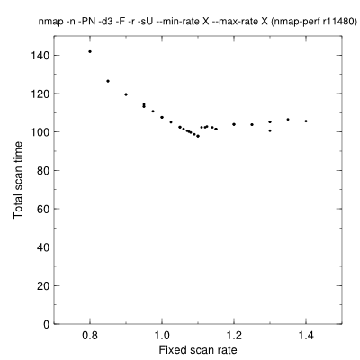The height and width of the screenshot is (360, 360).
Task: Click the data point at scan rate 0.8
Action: pos(90,51)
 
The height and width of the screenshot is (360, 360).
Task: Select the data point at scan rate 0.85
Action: pos(108,81)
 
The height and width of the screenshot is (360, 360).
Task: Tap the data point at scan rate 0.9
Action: pos(126,94)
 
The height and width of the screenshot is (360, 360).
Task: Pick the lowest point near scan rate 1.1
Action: pos(198,136)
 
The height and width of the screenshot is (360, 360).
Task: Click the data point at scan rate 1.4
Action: pos(306,121)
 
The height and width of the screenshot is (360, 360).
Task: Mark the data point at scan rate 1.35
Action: pos(288,120)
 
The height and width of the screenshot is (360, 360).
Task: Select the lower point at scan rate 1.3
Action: pos(270,130)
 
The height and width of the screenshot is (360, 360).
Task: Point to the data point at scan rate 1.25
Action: pos(252,124)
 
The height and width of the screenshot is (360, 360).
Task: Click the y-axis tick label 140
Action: pos(40,56)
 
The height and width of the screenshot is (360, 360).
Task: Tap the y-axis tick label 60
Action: pos(43,209)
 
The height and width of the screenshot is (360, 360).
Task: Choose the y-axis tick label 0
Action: pos(47,324)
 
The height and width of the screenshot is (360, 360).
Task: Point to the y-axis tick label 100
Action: pos(40,132)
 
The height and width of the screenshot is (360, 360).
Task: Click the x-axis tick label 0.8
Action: pos(90,336)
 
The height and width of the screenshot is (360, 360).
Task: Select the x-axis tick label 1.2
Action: pos(234,336)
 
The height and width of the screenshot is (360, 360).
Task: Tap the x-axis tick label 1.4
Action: pos(306,336)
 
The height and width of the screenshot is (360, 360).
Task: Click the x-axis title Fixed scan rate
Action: pos(198,350)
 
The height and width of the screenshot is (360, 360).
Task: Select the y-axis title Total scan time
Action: pos(18,180)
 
